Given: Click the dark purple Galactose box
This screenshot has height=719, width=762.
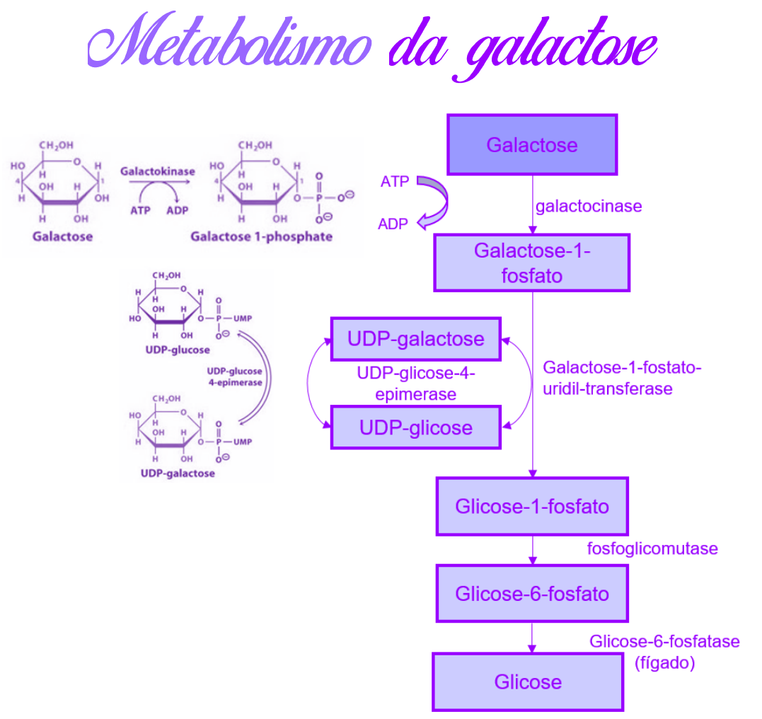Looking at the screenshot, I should click(532, 145).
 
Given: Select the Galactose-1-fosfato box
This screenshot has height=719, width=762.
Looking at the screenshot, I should click(531, 263).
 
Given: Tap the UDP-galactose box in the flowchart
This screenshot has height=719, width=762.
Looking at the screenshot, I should click(415, 339).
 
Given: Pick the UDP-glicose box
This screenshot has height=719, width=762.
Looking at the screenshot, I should click(415, 427).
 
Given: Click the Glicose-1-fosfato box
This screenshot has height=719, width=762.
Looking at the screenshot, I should click(532, 507).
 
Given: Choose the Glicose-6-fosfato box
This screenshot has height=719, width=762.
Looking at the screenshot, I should click(532, 593).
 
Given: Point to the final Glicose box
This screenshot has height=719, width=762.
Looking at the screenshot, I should click(528, 681).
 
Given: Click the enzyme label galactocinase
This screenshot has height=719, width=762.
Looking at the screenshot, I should click(589, 207).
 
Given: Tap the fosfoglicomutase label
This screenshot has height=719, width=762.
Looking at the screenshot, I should click(652, 548).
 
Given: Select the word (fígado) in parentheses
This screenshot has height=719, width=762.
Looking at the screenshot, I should click(664, 664).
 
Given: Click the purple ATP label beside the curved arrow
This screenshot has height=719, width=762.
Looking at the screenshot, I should click(395, 182).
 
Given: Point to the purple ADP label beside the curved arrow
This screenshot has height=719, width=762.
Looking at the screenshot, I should click(393, 224).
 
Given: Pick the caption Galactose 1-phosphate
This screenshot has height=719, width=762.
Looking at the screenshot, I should click(261, 236).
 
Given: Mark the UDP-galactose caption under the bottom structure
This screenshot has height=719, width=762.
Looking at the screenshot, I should click(177, 473).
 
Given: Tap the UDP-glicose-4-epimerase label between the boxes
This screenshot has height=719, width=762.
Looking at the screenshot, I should click(416, 383).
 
